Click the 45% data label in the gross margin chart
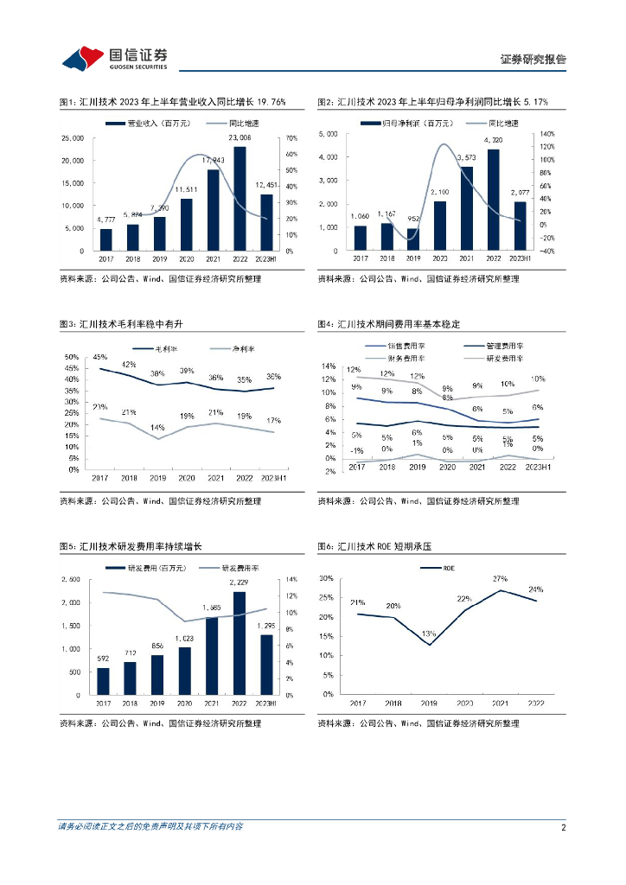tap(100, 357)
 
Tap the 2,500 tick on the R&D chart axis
tap(75, 579)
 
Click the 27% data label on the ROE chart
tap(499, 579)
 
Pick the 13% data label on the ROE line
tap(429, 634)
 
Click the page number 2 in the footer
tap(563, 827)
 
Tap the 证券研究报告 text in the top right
tap(533, 60)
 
